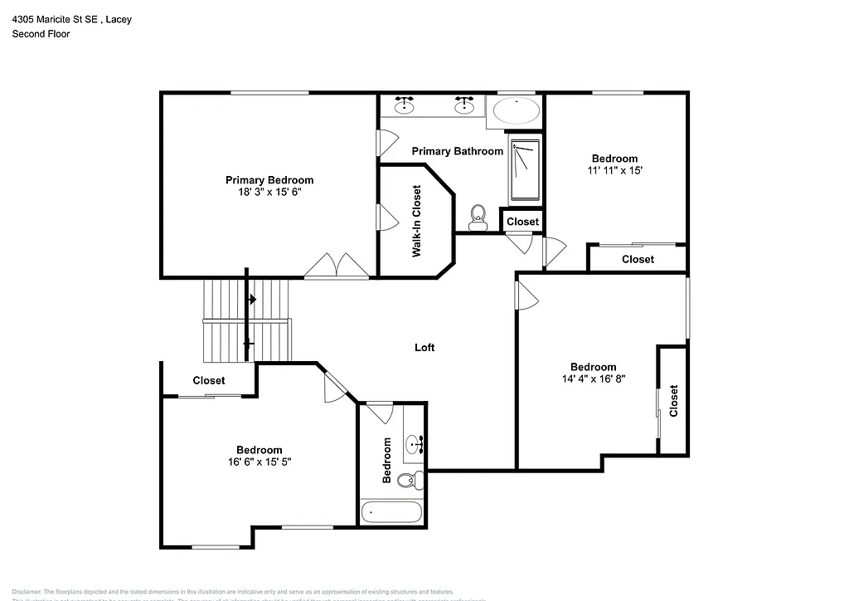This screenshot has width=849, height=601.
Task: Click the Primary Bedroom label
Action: pos(269,180)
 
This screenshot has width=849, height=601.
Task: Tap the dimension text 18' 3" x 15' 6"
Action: pos(269,192)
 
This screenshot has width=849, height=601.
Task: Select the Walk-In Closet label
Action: pos(417,221)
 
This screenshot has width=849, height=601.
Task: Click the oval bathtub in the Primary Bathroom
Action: pos(515,111)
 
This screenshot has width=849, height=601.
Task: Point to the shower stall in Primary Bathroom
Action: pos(524,170)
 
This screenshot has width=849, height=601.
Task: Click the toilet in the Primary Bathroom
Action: pos(477,217)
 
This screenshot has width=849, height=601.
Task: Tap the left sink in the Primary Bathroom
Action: pos(405,105)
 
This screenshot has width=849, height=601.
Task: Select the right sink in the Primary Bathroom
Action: pos(464,105)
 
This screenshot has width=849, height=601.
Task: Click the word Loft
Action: pos(424,348)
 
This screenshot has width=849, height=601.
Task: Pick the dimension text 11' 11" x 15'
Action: pos(614,170)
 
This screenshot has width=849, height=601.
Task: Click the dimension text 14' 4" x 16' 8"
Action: pos(593,379)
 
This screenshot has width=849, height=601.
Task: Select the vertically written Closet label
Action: pos(673,400)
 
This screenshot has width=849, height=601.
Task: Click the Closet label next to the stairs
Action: pos(209,381)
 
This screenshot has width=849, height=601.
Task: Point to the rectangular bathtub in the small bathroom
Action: pos(391,511)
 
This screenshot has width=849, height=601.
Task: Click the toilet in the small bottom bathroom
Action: pos(409,480)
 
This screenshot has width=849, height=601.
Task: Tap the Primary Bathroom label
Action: pos(458,151)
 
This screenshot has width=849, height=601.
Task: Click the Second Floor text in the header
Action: pos(41,34)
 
